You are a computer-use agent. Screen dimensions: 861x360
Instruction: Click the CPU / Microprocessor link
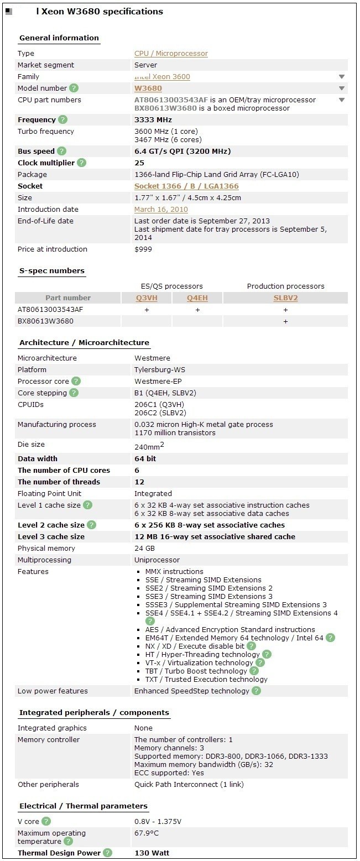tap(171, 54)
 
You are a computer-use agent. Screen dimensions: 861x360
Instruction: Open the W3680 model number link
tap(148, 88)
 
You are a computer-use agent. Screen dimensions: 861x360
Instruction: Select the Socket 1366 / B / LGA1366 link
tap(186, 186)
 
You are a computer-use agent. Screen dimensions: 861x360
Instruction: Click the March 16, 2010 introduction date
tap(161, 210)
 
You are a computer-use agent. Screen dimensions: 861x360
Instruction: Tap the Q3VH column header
tap(147, 298)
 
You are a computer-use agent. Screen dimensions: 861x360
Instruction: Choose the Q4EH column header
tap(197, 298)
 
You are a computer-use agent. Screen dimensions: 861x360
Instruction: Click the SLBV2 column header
tap(285, 298)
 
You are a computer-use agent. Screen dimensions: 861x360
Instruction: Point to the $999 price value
tap(143, 249)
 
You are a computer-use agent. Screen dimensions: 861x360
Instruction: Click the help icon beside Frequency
tap(62, 120)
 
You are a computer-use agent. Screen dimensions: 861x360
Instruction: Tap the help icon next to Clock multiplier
tap(82, 163)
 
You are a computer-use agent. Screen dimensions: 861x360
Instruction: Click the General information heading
tap(59, 38)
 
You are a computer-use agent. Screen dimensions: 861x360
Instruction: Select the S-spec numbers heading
tap(51, 271)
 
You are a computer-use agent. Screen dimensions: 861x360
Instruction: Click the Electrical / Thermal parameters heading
tap(83, 806)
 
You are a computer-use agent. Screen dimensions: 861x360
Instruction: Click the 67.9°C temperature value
tap(147, 833)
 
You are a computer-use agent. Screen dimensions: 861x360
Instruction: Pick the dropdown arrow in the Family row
tap(342, 77)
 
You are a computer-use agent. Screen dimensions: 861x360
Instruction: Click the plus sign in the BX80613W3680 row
tap(285, 321)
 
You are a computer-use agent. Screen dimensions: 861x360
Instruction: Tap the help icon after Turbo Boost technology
tap(254, 671)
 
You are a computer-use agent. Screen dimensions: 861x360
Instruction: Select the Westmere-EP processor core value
tap(158, 381)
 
